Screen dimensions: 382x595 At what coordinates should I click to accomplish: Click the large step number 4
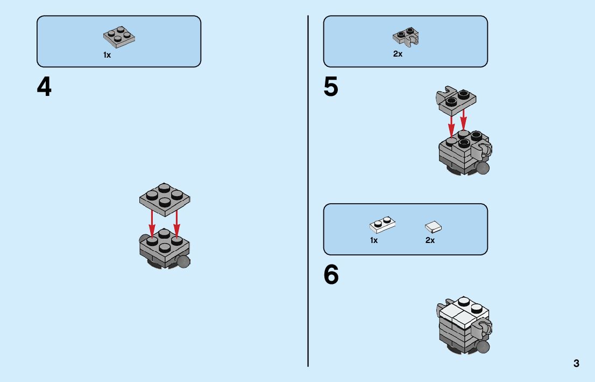pyautogui.click(x=44, y=87)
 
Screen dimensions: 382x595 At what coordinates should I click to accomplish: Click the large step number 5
pyautogui.click(x=331, y=87)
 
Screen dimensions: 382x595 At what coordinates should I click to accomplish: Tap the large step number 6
pyautogui.click(x=331, y=275)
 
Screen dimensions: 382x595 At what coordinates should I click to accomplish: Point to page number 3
pyautogui.click(x=576, y=363)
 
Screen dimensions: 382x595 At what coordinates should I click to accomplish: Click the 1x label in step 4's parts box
pyautogui.click(x=107, y=55)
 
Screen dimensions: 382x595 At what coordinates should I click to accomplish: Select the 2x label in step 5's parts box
pyautogui.click(x=398, y=54)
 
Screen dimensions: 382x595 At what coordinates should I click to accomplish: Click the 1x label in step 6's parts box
pyautogui.click(x=374, y=240)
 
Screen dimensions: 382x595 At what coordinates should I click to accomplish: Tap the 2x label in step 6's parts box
pyautogui.click(x=430, y=240)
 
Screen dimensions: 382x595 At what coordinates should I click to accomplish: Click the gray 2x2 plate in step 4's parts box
pyautogui.click(x=119, y=37)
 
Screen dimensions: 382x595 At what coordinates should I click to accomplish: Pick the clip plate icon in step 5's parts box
pyautogui.click(x=406, y=36)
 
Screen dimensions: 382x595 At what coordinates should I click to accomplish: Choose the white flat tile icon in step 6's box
pyautogui.click(x=433, y=226)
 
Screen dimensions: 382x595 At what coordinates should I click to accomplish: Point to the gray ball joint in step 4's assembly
pyautogui.click(x=184, y=262)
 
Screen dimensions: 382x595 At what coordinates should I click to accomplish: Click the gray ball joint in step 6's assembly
pyautogui.click(x=483, y=345)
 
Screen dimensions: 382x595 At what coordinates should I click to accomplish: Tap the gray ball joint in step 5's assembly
pyautogui.click(x=483, y=168)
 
